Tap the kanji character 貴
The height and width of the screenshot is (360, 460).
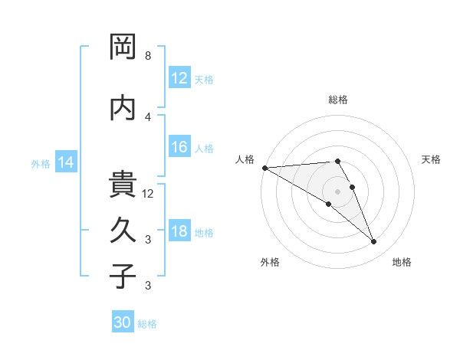123,185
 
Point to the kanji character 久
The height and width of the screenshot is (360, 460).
123,229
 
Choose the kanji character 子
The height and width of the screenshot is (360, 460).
123,276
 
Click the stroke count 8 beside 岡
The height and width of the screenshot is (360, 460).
148,56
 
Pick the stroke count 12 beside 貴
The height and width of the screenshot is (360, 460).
149,194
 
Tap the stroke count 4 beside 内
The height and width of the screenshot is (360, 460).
148,116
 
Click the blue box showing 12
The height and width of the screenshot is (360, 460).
179,78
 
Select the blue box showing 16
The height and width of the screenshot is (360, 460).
179,148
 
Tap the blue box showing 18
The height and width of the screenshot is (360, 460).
179,231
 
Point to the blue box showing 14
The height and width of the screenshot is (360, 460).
66,162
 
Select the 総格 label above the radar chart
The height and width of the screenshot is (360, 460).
337,100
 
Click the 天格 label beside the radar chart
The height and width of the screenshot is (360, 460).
432,159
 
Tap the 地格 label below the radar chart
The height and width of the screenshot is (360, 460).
402,262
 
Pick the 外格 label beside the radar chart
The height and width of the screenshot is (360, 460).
270,262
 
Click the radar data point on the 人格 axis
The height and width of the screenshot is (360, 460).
264,167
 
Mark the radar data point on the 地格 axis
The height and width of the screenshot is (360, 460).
374,242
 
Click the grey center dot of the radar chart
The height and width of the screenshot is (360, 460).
337,191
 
